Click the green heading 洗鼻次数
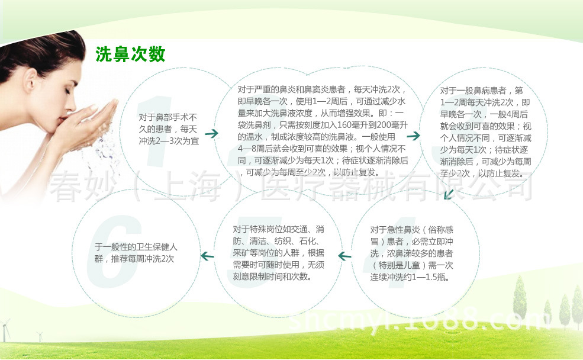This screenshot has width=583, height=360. (x=130, y=54)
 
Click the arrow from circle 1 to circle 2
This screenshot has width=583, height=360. (x=211, y=133)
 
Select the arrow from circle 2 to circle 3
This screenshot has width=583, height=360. (x=413, y=136)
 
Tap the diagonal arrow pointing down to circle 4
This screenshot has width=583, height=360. (x=449, y=194)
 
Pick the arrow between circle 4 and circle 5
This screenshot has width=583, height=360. (x=344, y=256)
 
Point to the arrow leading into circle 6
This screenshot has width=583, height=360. (x=207, y=256)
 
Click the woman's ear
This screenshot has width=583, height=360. (x=31, y=82)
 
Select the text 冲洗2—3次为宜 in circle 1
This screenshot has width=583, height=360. (x=169, y=141)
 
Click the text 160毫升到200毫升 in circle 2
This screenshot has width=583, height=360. (x=372, y=125)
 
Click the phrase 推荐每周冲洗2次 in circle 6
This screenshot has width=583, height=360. (x=143, y=259)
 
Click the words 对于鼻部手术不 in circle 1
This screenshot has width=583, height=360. (x=168, y=117)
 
